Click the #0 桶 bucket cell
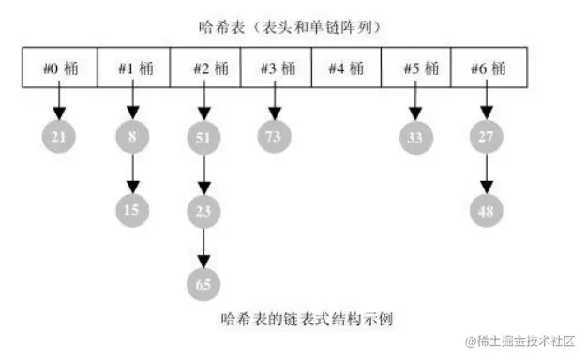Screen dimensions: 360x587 pyautogui.click(x=59, y=68)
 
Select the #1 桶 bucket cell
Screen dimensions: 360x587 pyautogui.click(x=133, y=68)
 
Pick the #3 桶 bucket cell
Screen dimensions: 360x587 pyautogui.click(x=275, y=68)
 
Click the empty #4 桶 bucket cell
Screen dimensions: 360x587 pyautogui.click(x=345, y=68)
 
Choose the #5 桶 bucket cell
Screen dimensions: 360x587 pyautogui.click(x=415, y=68)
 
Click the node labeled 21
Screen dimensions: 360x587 pyautogui.click(x=59, y=138)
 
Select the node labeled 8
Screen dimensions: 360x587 pyautogui.click(x=132, y=138)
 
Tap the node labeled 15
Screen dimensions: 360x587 pyautogui.click(x=132, y=209)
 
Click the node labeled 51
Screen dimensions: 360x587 pyautogui.click(x=203, y=138)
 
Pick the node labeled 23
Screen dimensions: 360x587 pyautogui.click(x=203, y=209)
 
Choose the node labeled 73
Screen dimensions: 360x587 pyautogui.click(x=274, y=138)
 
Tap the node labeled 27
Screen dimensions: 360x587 pyautogui.click(x=486, y=138)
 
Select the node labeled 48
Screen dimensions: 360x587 pyautogui.click(x=486, y=209)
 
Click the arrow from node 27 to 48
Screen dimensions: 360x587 pyautogui.click(x=486, y=173)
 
